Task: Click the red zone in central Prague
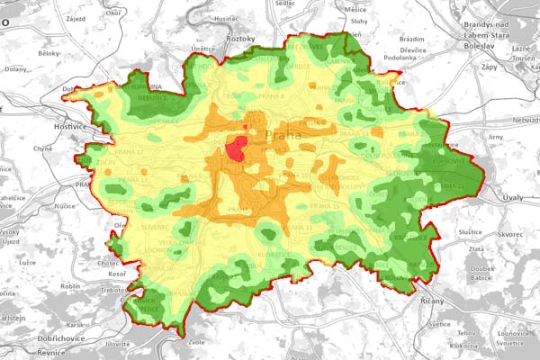237,149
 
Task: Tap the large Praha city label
286,135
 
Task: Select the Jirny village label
494,137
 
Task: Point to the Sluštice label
470,233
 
